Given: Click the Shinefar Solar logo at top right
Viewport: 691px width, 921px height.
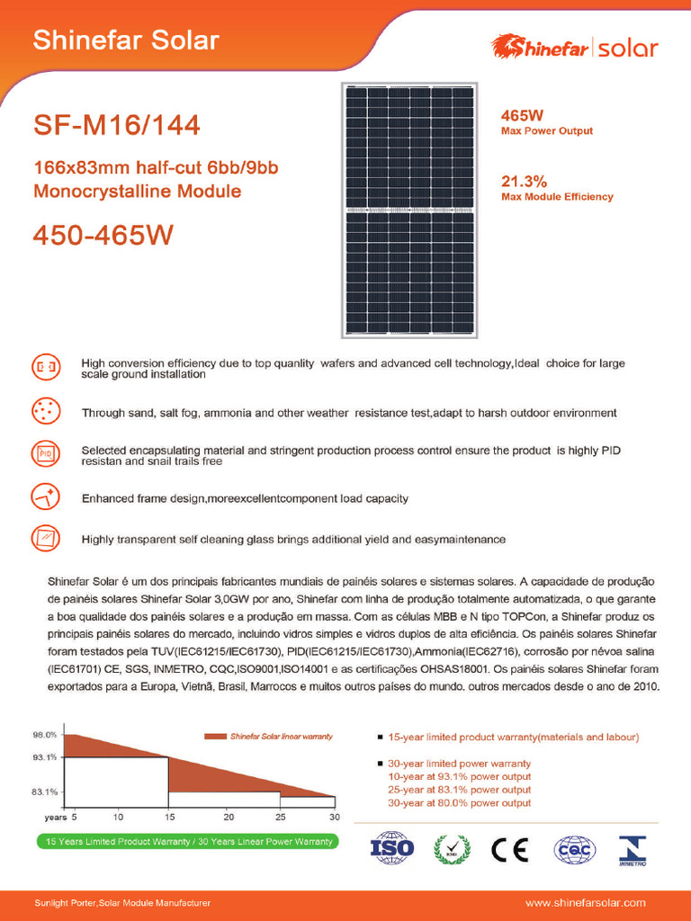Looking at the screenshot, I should (573, 47).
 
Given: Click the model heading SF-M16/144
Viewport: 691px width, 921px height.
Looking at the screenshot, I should (116, 126).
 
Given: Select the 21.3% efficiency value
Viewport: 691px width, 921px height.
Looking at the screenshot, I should (524, 180).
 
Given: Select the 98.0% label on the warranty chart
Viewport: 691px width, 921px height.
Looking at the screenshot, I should (45, 735).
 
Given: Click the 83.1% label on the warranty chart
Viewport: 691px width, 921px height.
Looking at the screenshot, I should (45, 792).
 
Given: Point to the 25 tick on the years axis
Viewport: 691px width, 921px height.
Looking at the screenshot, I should (280, 817).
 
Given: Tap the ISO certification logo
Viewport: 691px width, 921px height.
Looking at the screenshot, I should (392, 847).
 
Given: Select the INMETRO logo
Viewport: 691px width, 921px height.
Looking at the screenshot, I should (632, 848).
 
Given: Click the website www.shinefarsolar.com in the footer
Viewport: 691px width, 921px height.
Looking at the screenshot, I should (585, 902).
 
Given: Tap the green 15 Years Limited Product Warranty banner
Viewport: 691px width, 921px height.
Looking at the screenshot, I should (186, 842).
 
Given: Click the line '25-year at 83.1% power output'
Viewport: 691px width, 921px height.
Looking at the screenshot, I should (459, 789).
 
